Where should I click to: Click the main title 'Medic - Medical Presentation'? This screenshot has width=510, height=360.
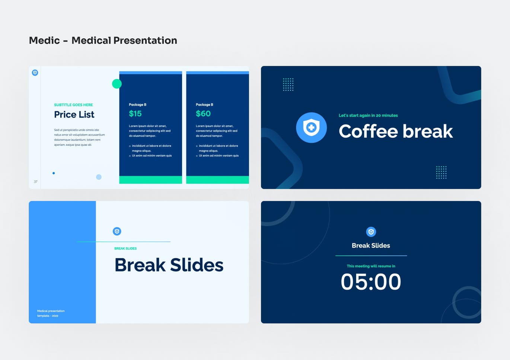(x=103, y=40)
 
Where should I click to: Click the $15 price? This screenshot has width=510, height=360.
(x=135, y=114)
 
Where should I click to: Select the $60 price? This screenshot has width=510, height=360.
(x=203, y=114)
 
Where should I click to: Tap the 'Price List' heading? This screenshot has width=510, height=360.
(x=74, y=115)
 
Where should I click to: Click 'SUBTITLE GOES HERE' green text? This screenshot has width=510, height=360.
(x=73, y=105)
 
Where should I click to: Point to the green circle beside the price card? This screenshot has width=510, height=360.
(x=117, y=84)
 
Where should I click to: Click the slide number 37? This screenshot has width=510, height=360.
(x=36, y=182)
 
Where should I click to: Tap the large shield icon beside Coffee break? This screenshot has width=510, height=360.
(x=311, y=128)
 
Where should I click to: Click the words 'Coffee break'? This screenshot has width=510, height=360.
(x=395, y=131)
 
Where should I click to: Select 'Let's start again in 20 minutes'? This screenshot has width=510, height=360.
(x=368, y=115)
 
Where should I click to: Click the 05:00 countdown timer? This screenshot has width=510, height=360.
(x=371, y=282)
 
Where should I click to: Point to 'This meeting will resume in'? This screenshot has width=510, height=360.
(x=371, y=266)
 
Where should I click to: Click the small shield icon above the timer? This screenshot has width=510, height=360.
(x=371, y=232)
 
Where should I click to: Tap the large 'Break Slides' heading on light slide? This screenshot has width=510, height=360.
(x=169, y=265)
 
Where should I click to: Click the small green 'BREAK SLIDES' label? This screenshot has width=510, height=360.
(x=125, y=248)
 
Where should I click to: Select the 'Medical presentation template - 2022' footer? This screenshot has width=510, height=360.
(x=51, y=313)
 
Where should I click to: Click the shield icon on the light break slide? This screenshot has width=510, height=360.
(x=117, y=232)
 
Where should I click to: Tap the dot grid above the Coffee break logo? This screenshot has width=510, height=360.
(x=288, y=85)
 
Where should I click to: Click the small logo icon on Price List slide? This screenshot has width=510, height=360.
(x=35, y=73)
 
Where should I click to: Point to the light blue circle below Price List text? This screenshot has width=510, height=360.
(x=99, y=177)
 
